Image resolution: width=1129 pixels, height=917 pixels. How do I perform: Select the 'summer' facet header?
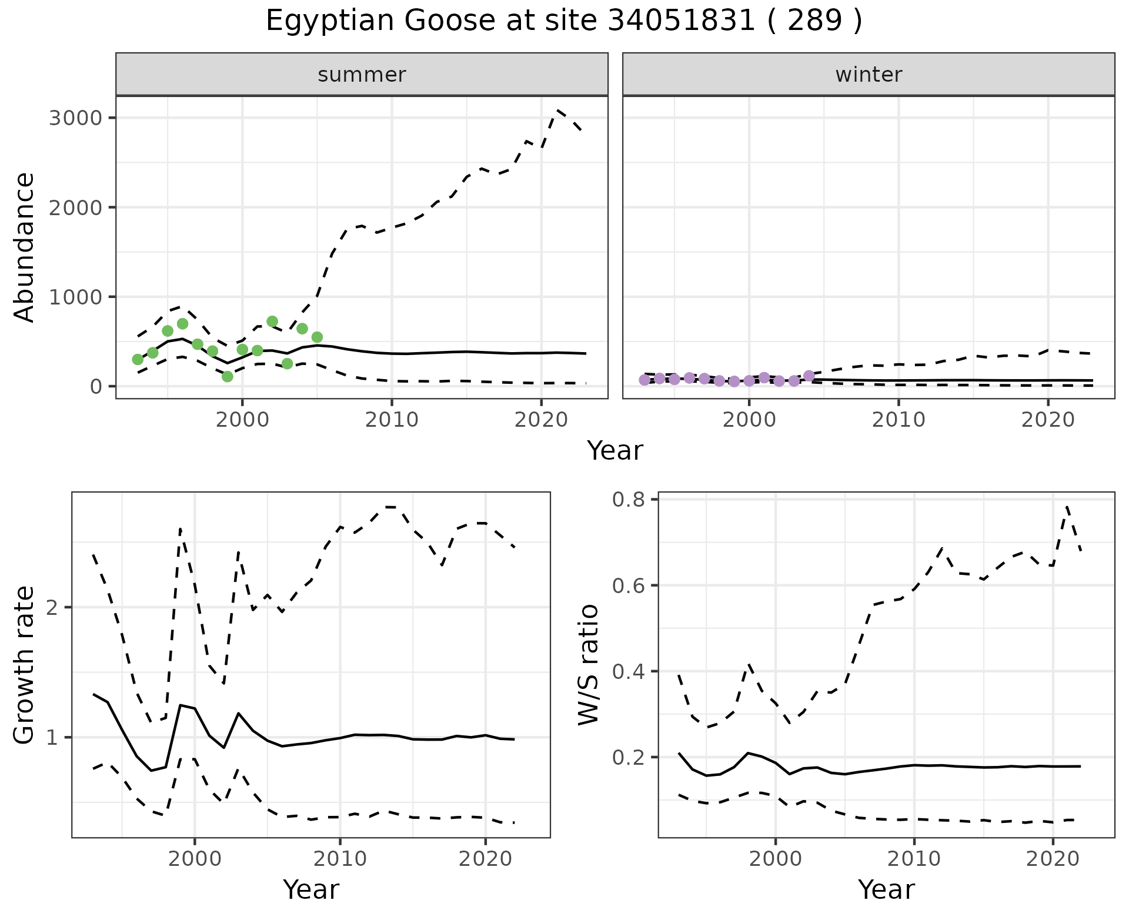click(x=362, y=75)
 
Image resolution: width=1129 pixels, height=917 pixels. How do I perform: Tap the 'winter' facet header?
click(x=869, y=75)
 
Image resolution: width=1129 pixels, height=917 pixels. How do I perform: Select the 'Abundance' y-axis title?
click(x=25, y=247)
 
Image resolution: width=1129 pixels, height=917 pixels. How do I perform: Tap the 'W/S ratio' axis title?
click(x=589, y=665)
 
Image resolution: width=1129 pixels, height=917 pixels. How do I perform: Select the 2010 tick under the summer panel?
click(x=392, y=420)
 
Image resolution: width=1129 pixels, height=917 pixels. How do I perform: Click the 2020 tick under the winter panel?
click(x=1047, y=420)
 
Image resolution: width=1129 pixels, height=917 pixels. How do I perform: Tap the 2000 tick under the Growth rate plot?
click(x=195, y=859)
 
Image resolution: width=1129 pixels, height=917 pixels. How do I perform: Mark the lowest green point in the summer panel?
click(x=228, y=376)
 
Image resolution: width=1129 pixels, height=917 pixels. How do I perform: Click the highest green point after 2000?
click(x=272, y=322)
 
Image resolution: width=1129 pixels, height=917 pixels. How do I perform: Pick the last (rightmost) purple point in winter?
click(x=809, y=376)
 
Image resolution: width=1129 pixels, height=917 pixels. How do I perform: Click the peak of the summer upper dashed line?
click(x=557, y=110)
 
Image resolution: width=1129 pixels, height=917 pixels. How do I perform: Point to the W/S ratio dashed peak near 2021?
click(x=1067, y=506)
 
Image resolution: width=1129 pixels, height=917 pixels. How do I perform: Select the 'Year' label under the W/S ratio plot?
click(x=886, y=890)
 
